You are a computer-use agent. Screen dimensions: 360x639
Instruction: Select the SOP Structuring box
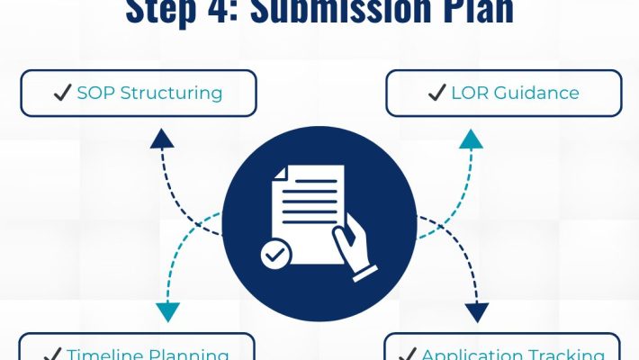pos(138,93)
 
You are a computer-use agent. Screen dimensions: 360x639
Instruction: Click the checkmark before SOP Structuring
pos(63,93)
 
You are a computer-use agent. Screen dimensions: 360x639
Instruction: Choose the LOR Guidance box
pos(504,93)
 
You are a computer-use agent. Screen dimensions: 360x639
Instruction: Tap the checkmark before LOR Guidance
pos(437,93)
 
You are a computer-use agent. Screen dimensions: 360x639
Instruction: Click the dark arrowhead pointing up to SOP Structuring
pos(162,137)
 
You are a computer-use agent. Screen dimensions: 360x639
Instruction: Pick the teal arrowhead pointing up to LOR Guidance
pos(471,138)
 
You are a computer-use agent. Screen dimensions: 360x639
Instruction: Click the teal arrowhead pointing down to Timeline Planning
pos(167,312)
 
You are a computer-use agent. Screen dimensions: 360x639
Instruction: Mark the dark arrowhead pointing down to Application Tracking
pos(477,312)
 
